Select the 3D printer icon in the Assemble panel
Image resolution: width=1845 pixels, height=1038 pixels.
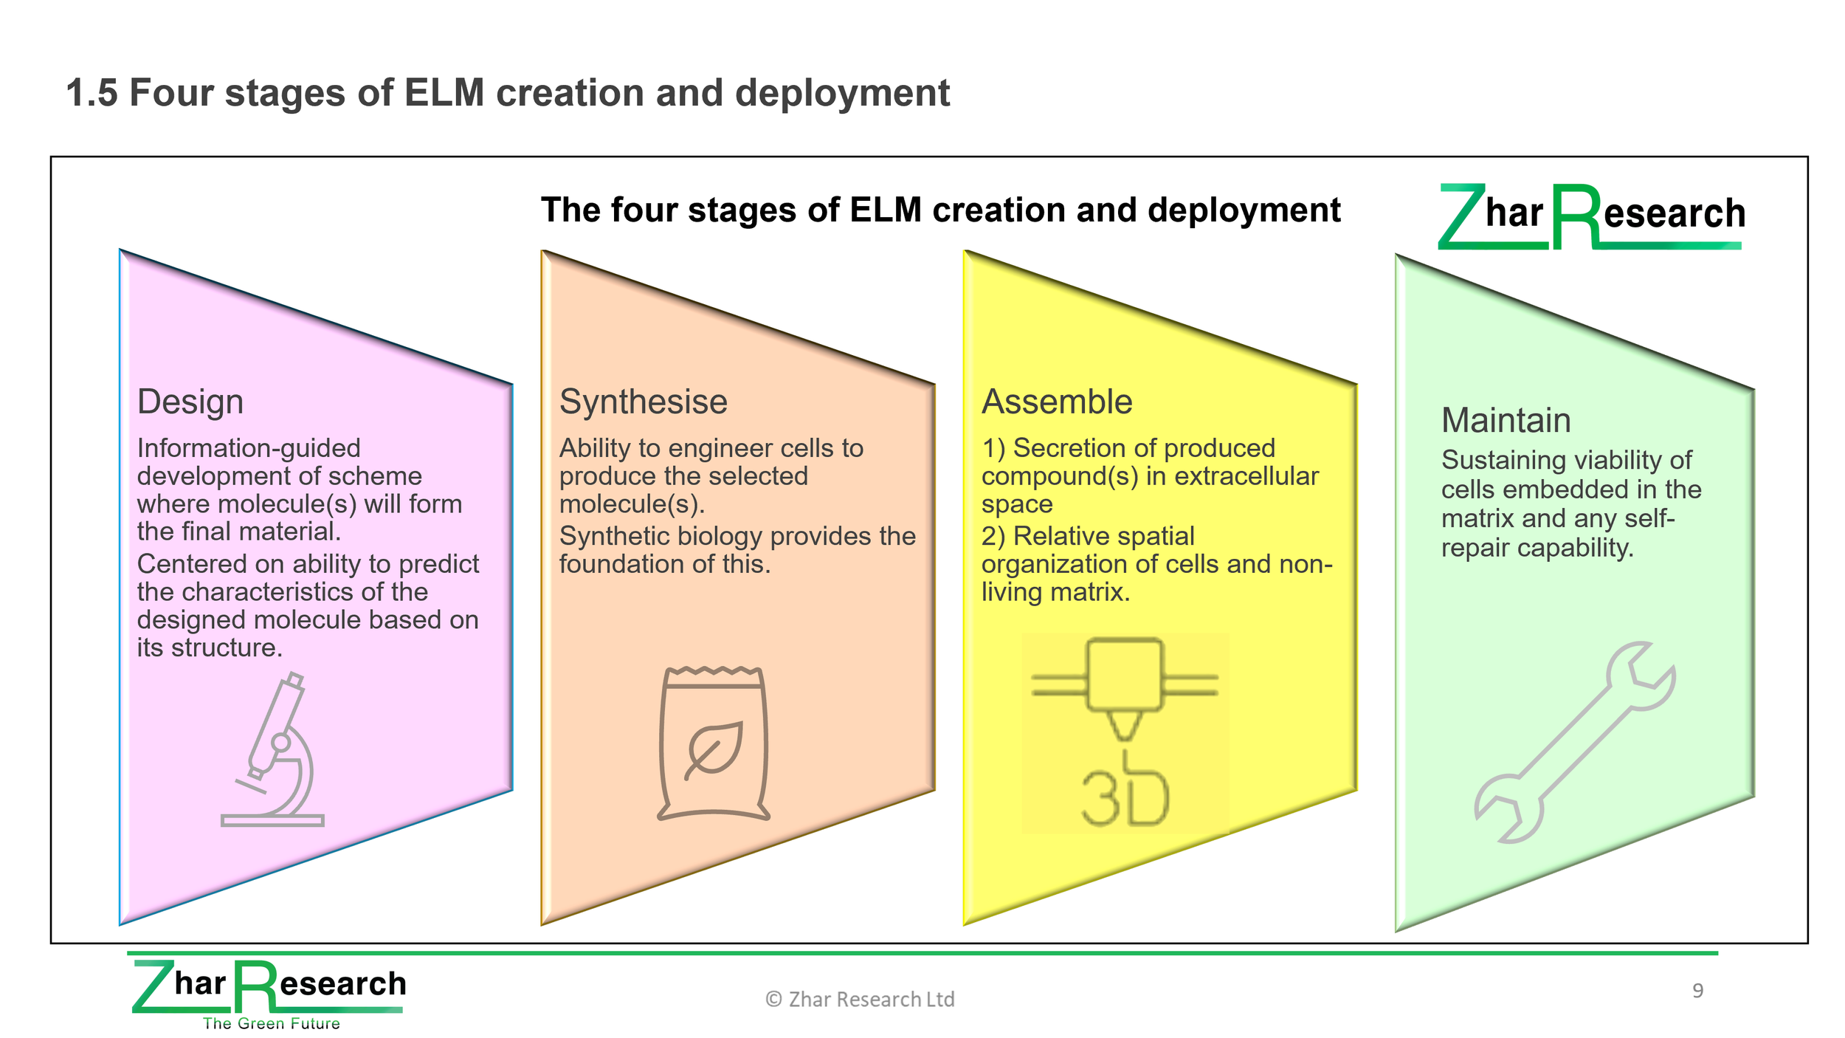[x=1125, y=732]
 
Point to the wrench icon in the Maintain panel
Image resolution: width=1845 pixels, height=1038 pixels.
[x=1576, y=742]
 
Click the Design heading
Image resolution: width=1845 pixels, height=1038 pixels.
[x=190, y=402]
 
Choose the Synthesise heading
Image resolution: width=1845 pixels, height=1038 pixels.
[x=644, y=402]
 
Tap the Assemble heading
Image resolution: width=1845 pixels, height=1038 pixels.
[x=1057, y=402]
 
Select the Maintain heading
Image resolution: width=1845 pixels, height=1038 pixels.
[x=1506, y=420]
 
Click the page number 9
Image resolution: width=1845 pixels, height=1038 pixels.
[x=1697, y=991]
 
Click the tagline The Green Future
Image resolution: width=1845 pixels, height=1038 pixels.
[x=272, y=1023]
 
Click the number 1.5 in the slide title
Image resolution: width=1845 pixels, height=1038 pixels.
[x=92, y=94]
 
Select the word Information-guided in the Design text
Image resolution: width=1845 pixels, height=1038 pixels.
[x=249, y=448]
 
